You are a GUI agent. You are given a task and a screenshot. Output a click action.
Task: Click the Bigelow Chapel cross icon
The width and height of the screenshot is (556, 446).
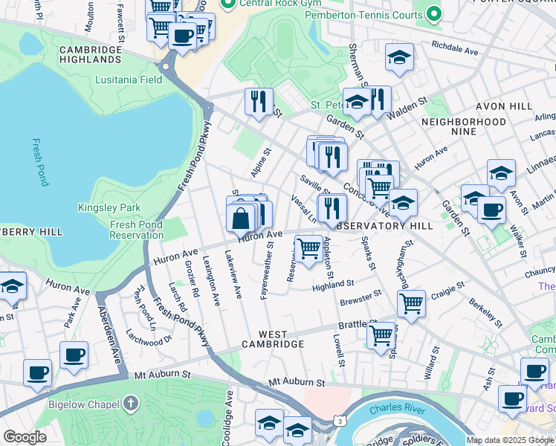(x=131, y=404)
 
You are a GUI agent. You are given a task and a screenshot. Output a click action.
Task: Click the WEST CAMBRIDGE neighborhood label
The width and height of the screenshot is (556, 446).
(x=273, y=345)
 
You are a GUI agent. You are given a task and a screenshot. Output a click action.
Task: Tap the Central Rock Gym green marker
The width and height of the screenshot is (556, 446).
(x=228, y=4)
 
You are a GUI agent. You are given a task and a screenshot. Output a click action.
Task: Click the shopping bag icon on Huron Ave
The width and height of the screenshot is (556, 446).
(x=241, y=219)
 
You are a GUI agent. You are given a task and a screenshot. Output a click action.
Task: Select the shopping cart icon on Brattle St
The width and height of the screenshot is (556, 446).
(x=381, y=334)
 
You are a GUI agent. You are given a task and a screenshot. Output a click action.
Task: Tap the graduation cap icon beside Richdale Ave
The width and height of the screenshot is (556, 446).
(x=399, y=57)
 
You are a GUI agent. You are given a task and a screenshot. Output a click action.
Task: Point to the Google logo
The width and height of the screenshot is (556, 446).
(x=25, y=437)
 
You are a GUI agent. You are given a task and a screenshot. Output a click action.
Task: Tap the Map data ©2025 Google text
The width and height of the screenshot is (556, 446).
(x=510, y=440)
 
